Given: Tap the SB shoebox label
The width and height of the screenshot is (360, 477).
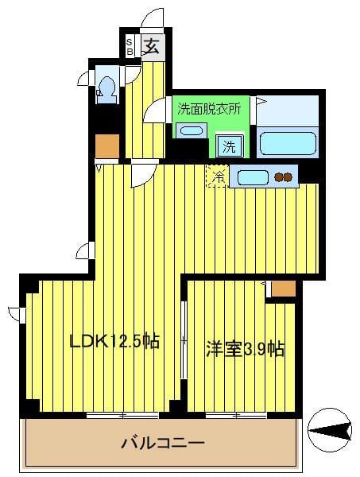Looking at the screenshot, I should point(130,46).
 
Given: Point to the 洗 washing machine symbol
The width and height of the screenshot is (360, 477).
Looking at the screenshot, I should point(229,146).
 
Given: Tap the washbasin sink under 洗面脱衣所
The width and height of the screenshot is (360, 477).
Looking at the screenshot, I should point(189,130).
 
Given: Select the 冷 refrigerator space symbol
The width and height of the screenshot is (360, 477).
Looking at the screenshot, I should point(216,176).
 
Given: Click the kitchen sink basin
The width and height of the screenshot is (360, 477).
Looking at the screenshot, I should point(251,176).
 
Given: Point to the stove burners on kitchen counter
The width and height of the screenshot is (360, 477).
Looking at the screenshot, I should point(284,176).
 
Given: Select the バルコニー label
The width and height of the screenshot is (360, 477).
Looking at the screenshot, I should point(163,442).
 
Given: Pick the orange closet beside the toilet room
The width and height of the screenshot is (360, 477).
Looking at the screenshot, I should point(106,145).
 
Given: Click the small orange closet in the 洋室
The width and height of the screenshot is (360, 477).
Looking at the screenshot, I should point(283,288).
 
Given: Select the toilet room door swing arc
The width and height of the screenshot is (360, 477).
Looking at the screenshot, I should point(83,77).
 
